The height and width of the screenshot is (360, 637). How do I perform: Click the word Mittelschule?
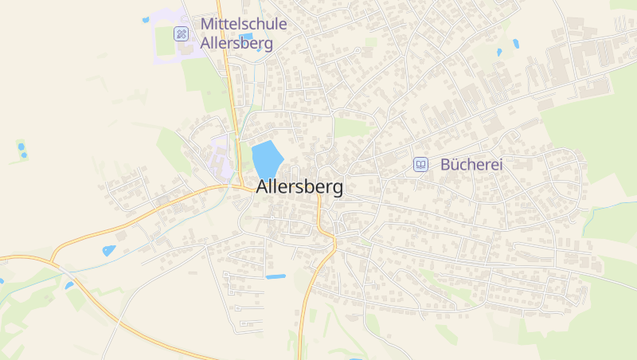click(244, 25)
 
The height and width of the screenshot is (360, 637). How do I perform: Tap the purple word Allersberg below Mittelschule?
click(237, 44)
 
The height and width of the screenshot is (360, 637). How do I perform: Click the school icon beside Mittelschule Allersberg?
click(182, 33)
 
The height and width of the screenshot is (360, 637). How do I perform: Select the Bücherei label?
click(472, 165)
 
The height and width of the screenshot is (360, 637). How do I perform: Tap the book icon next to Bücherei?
click(420, 165)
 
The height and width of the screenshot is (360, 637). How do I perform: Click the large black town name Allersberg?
click(300, 188)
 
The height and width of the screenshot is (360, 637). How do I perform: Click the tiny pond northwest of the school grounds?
click(145, 20)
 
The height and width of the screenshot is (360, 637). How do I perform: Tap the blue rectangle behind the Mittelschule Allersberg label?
click(246, 37)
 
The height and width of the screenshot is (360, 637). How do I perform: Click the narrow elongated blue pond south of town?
click(276, 276)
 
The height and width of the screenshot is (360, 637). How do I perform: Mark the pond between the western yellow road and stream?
click(108, 250)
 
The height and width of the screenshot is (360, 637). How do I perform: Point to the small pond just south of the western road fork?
click(69, 284)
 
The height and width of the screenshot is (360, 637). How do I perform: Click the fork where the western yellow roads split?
click(53, 260)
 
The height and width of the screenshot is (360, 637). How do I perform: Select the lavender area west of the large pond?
click(221, 155)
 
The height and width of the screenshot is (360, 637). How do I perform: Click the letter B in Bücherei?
click(445, 165)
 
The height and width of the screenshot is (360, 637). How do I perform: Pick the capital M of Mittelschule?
click(207, 25)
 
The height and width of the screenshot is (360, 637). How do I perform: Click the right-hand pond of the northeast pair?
click(516, 44)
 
